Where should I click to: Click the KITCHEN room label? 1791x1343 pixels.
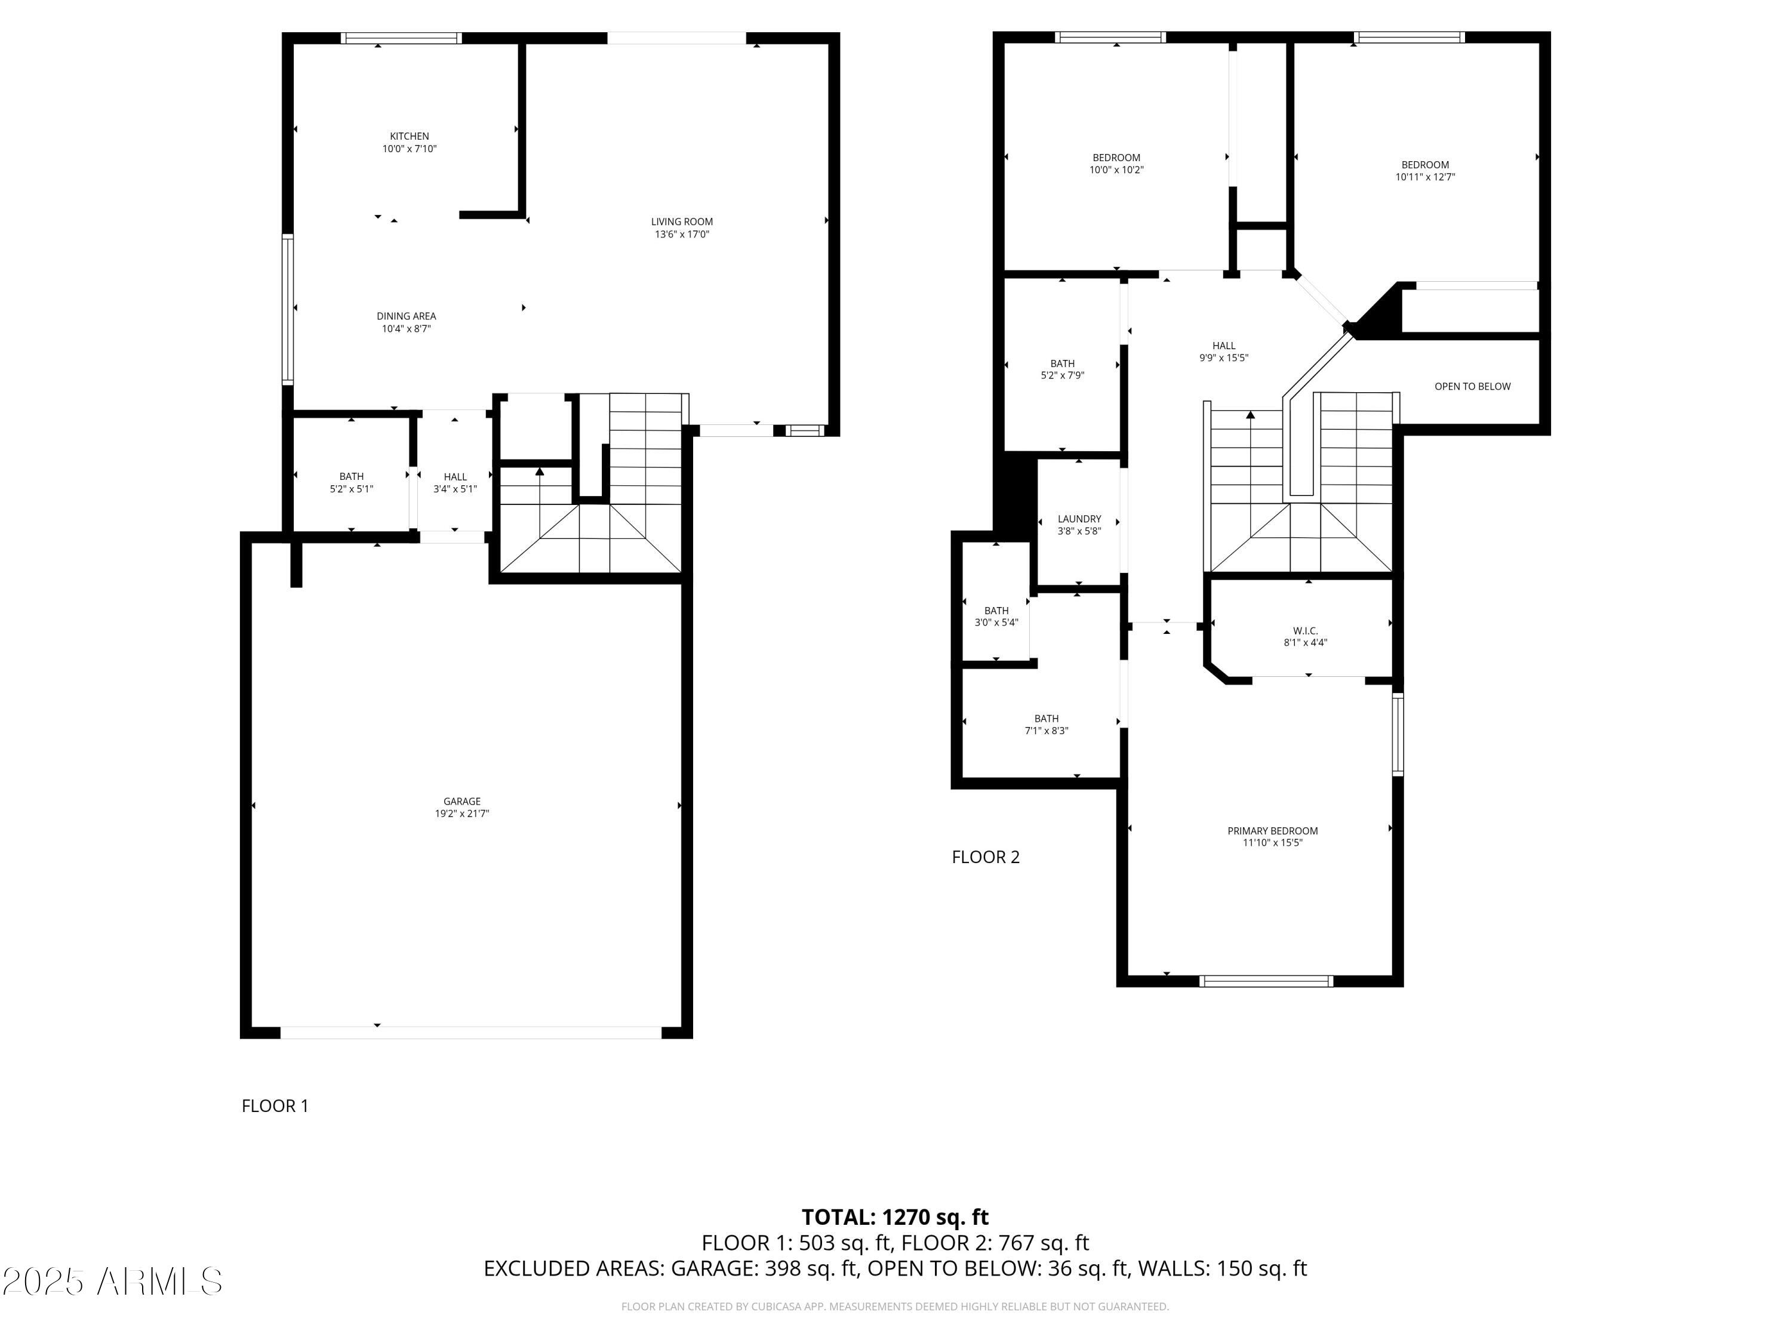point(410,136)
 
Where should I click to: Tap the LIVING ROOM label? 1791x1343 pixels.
point(682,222)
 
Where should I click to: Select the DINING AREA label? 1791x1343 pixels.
point(407,316)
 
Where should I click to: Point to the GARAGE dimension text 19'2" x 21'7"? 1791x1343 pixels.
point(462,814)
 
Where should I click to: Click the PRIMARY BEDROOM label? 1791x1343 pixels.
point(1273,831)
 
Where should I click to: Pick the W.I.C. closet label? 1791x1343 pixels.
point(1305,631)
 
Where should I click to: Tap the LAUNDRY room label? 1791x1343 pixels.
point(1079,519)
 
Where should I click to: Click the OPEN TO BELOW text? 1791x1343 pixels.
point(1473,386)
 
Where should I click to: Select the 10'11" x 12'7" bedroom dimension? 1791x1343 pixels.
point(1425,177)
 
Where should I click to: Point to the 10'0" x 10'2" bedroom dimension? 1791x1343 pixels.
point(1116,170)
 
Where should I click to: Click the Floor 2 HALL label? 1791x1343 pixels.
point(1224,346)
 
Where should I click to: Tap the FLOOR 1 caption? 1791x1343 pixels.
point(275,1106)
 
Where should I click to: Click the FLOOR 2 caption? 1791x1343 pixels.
point(986,857)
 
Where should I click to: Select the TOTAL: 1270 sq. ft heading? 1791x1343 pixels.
point(895,1218)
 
